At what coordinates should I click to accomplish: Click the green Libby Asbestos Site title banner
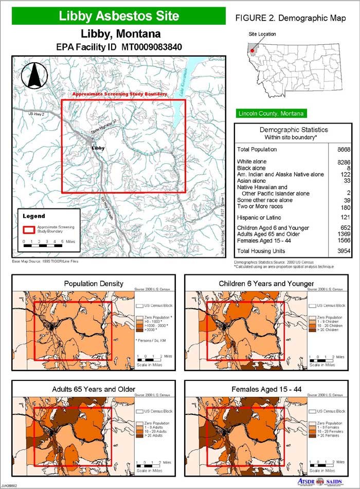(x=119, y=16)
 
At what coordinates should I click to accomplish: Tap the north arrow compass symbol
(x=34, y=76)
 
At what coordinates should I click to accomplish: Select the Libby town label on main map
(x=98, y=148)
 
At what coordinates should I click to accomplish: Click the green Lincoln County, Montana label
(x=270, y=113)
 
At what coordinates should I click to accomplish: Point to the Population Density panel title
(x=93, y=284)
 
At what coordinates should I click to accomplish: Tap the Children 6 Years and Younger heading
(x=266, y=284)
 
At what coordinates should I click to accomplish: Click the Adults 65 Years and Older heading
(x=94, y=389)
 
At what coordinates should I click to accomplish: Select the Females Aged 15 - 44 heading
(x=266, y=389)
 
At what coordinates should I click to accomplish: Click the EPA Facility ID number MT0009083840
(x=152, y=47)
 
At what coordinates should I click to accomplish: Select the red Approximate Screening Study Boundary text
(x=120, y=95)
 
